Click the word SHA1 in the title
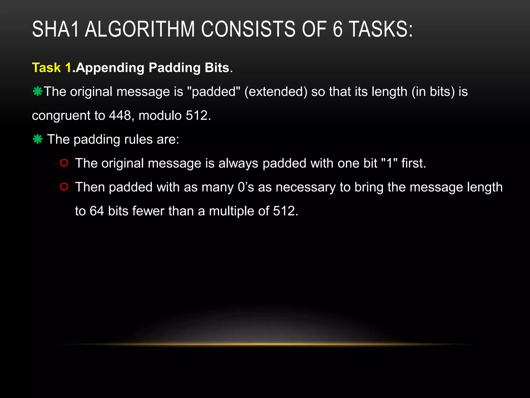(x=55, y=29)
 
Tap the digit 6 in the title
(x=337, y=29)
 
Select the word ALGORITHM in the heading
(x=140, y=29)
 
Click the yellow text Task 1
(x=51, y=68)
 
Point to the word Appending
(x=110, y=68)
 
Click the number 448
(x=120, y=116)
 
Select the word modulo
(x=160, y=116)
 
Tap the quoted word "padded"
(x=214, y=92)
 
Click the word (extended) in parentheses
(x=276, y=92)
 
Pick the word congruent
(x=61, y=116)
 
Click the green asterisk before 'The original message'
(x=38, y=91)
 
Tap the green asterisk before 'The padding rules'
(x=38, y=139)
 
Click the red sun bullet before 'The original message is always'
(x=64, y=163)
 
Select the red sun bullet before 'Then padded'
(x=64, y=187)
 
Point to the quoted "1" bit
(x=389, y=163)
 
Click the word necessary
(x=305, y=187)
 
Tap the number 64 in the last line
(x=97, y=211)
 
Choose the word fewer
(x=148, y=211)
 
